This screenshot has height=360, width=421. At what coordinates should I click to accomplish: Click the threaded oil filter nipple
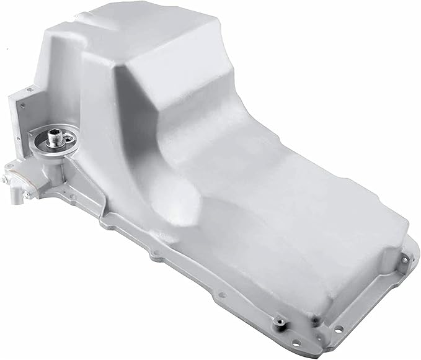[x=52, y=132]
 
